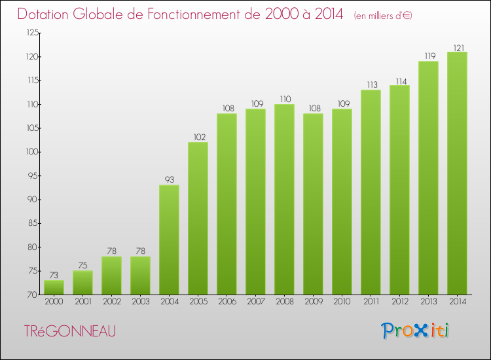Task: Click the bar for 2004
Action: (169, 240)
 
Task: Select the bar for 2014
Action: (457, 173)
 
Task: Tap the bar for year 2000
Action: (54, 287)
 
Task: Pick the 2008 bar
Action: (284, 200)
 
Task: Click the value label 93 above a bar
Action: (169, 179)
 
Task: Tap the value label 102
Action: (198, 137)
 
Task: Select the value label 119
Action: (428, 56)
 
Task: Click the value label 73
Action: (54, 275)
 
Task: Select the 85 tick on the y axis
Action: (30, 223)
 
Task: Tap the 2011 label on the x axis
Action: (371, 302)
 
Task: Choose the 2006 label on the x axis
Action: (227, 302)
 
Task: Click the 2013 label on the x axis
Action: (428, 302)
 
